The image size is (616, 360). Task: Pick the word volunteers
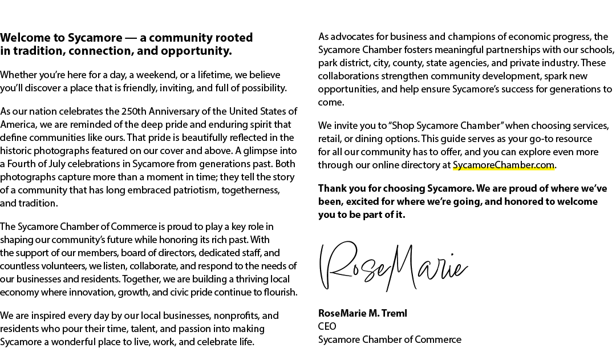(43, 266)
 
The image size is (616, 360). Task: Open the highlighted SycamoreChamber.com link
(504, 165)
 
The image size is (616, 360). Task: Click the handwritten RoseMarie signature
(394, 266)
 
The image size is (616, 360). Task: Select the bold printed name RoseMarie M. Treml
(363, 313)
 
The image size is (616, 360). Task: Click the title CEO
(327, 326)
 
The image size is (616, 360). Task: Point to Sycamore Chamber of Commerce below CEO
(390, 339)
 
